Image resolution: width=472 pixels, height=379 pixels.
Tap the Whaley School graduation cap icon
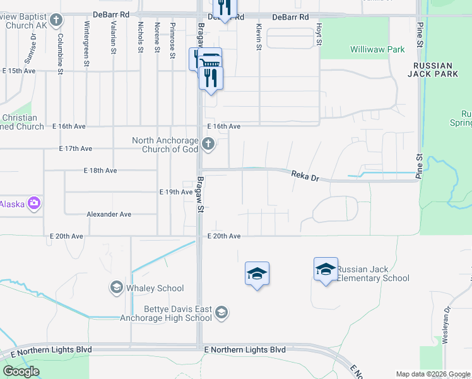[116, 288]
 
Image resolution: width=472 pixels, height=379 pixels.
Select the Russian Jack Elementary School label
[373, 274]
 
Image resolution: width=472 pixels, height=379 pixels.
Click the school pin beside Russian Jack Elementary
[326, 270]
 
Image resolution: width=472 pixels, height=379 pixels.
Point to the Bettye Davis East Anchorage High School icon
[221, 312]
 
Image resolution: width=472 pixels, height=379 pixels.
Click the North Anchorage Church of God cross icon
[209, 145]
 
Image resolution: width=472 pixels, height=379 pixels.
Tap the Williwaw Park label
[377, 49]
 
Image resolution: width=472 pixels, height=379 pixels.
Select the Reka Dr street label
[304, 176]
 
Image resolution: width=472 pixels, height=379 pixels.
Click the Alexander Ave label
[109, 215]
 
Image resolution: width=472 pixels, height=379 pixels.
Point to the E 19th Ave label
[175, 191]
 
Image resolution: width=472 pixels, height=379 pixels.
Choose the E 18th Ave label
[100, 171]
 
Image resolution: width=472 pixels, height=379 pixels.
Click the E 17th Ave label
[76, 149]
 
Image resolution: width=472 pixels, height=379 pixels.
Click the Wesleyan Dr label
[445, 324]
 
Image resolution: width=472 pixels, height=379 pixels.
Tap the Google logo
[20, 371]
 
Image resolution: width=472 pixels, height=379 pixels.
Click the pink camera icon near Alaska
[34, 204]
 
